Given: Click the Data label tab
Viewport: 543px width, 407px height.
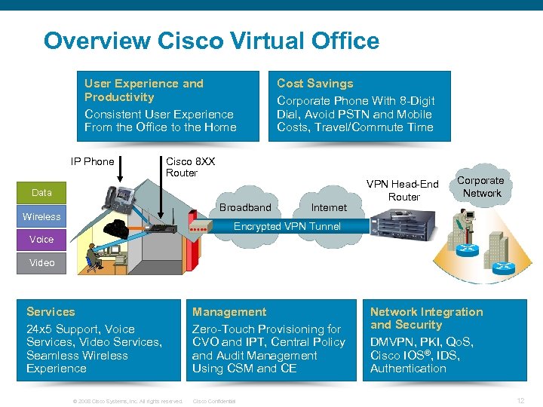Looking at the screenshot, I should tap(42, 193).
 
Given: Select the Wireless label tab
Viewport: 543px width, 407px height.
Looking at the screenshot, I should tap(42, 217).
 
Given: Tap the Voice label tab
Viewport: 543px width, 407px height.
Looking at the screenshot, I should tap(42, 240).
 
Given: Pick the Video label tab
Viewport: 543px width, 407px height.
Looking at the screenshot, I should tap(42, 263).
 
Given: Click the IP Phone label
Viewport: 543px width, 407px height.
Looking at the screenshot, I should tap(92, 161).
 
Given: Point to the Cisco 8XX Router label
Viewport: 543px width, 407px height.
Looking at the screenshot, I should tap(190, 167).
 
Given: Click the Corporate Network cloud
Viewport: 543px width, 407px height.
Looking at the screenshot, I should tap(481, 187).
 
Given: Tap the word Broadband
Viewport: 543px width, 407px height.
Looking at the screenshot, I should tap(245, 207).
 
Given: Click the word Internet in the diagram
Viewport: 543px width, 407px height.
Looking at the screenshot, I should tap(329, 207).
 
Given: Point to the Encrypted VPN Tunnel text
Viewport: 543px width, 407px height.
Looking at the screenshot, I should tap(287, 226).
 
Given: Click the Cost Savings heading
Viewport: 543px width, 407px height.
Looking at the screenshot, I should tap(314, 84).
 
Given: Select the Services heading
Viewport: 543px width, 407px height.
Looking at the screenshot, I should tap(51, 312).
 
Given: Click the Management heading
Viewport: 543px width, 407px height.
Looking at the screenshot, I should tap(229, 312).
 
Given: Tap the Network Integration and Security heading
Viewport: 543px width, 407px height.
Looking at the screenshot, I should tap(426, 318).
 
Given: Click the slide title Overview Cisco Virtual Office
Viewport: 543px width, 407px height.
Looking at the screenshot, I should tap(211, 40).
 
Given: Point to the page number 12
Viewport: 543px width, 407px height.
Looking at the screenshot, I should tap(520, 400).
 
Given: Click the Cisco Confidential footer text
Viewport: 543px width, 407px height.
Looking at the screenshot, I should tap(215, 401).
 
